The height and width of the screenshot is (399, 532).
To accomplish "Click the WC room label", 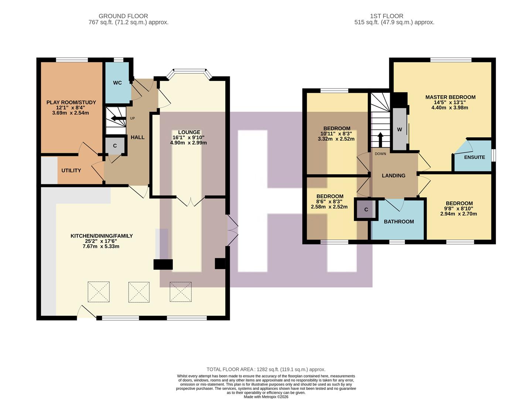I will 117,83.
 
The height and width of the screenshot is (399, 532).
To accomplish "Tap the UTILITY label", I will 71,170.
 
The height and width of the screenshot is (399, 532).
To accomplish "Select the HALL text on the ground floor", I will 137,137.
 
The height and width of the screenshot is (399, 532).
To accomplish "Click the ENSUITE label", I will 474,157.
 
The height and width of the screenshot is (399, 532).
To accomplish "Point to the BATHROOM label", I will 399,222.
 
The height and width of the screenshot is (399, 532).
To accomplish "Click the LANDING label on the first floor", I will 393,175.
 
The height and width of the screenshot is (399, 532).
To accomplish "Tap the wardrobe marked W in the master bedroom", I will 399,130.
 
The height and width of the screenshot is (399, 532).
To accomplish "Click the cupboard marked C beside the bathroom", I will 366,209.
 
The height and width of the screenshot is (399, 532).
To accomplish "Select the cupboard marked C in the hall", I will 115,146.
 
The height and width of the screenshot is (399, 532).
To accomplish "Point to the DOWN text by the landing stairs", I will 380,154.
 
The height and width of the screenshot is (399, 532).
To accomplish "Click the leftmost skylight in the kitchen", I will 99,292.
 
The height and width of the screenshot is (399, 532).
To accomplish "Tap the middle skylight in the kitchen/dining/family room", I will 139,292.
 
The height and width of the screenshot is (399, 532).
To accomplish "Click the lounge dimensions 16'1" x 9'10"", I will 188,137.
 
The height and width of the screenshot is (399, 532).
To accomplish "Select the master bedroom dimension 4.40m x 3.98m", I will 450,108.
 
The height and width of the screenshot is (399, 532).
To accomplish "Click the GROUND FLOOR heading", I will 123,16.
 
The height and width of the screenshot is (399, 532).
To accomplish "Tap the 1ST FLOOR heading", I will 386,16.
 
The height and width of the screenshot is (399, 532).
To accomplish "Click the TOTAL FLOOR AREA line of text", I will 266,369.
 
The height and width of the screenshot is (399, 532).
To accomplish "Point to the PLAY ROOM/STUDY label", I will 71,102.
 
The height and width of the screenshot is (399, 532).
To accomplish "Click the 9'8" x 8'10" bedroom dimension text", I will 459,208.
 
